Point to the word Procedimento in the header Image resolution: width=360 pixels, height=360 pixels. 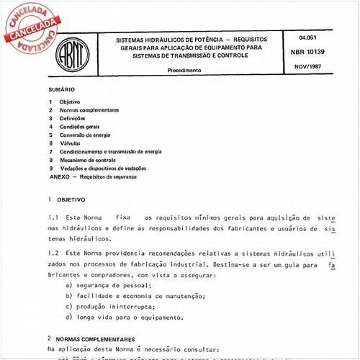click(x=184, y=71)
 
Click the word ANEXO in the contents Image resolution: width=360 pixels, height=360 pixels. click(x=60, y=176)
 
